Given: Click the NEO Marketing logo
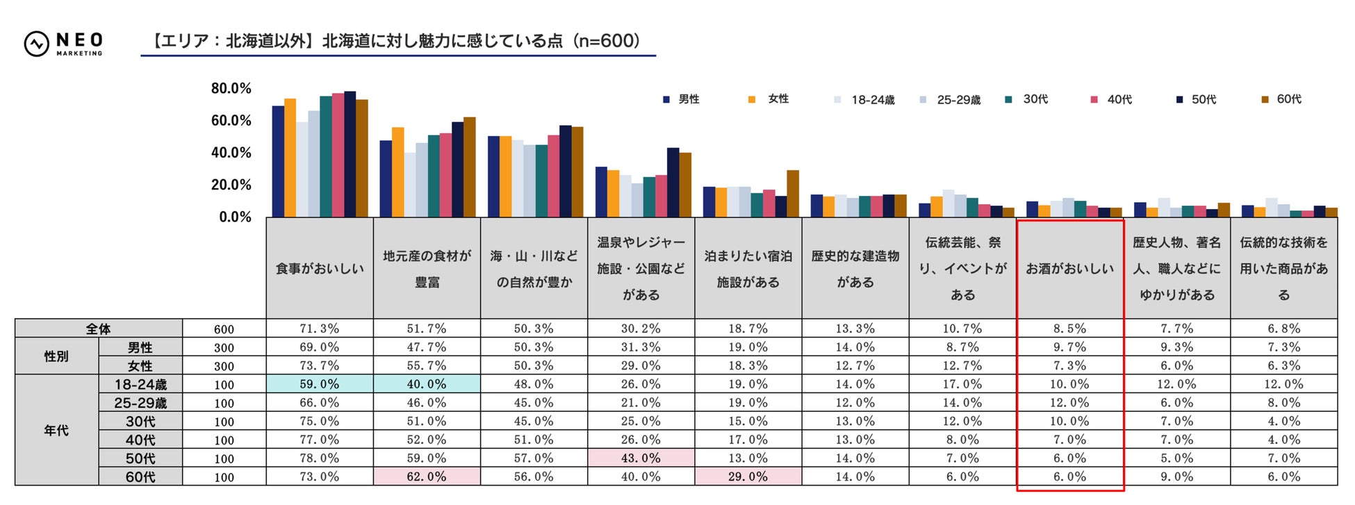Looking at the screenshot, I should [x=63, y=43].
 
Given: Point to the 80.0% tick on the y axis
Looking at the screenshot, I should [x=231, y=88].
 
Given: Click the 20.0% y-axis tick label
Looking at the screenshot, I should [x=231, y=185].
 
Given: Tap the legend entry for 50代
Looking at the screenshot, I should [x=1197, y=99].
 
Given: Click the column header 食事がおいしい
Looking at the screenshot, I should [x=320, y=268].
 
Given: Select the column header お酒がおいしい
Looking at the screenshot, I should [x=1070, y=268].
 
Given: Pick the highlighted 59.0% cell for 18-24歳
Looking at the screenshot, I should [x=320, y=384].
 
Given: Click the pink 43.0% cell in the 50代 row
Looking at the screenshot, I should [x=641, y=458].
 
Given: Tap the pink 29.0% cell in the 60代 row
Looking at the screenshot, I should [x=748, y=477].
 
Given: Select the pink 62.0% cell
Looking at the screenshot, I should [x=427, y=477].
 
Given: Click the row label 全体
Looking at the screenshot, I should [x=99, y=329].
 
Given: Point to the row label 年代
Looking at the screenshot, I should [x=56, y=431].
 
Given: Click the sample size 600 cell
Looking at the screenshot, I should [x=224, y=329].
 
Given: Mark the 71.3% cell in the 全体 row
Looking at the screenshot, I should [x=320, y=329].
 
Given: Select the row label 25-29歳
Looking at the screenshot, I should [x=140, y=403].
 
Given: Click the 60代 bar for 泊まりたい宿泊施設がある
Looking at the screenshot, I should [x=793, y=194].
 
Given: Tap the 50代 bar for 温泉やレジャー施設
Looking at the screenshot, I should [x=673, y=183].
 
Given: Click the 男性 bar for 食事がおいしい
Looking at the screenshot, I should [x=278, y=162].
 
